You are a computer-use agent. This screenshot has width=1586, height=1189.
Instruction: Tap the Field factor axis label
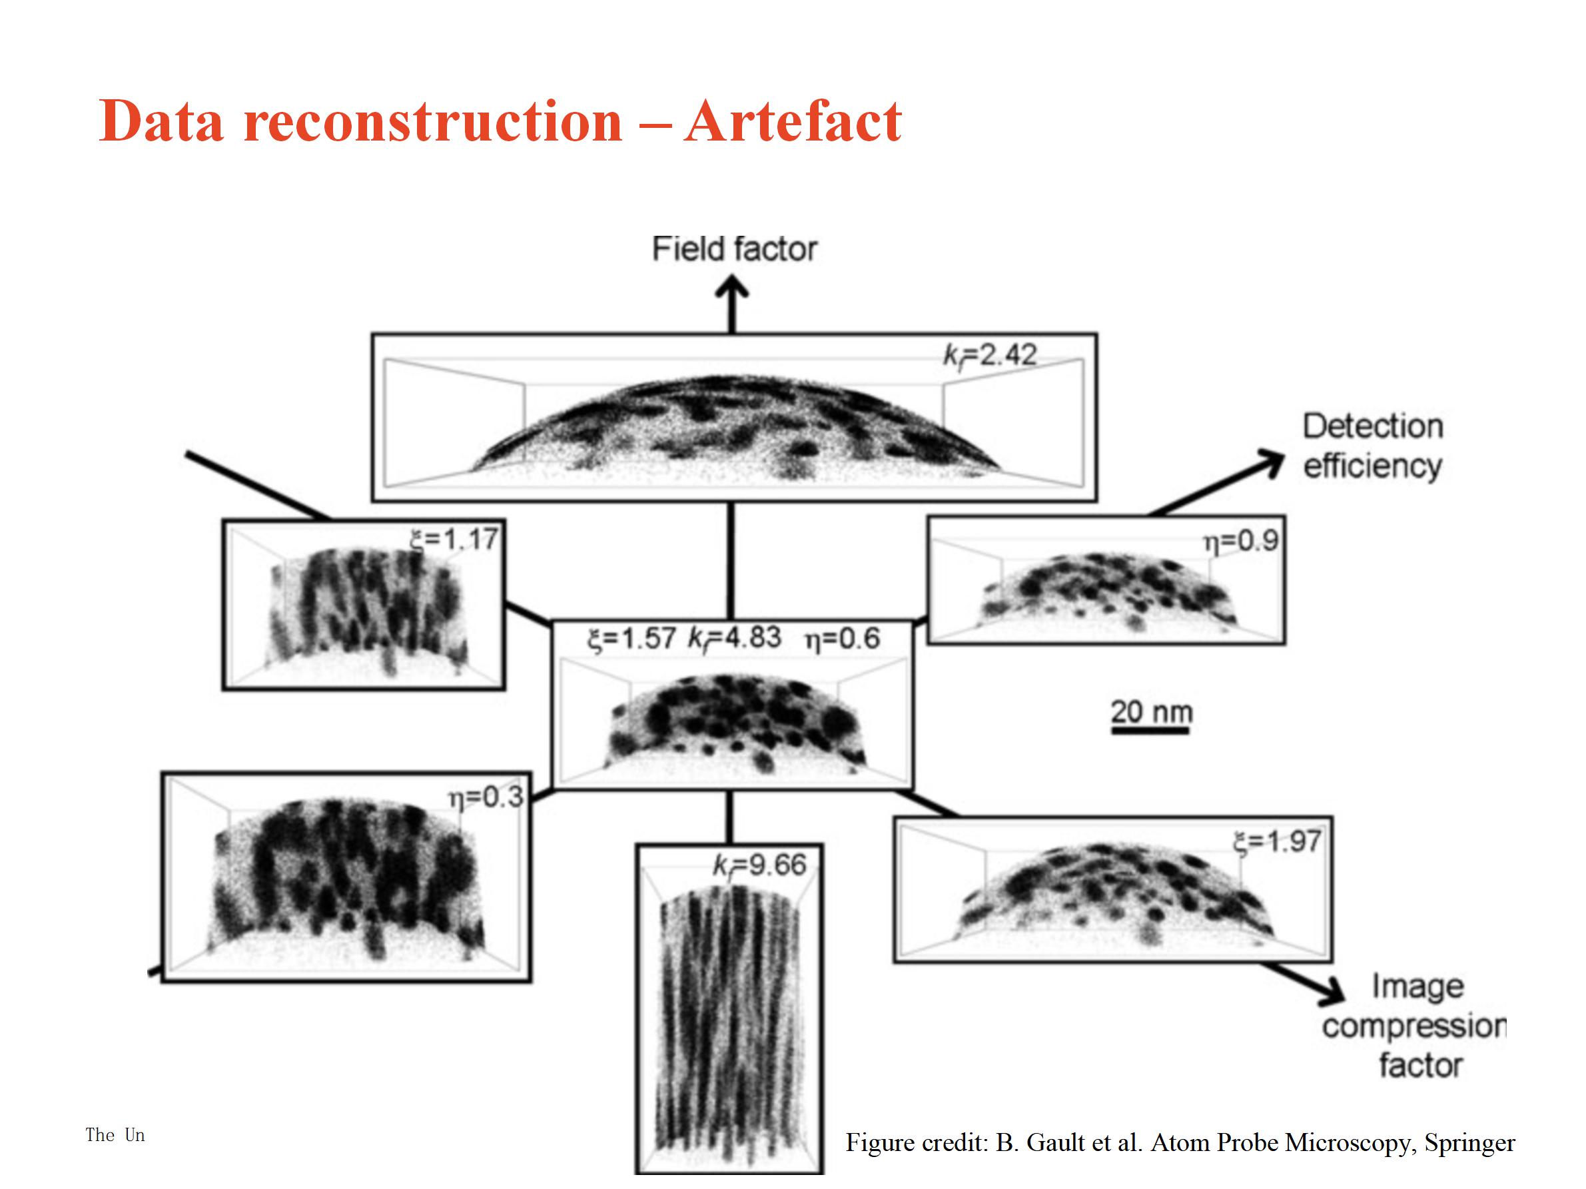click(734, 249)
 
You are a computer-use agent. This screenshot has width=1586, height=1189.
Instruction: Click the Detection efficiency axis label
click(1372, 446)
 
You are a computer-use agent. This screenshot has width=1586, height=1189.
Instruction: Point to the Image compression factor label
click(1414, 1026)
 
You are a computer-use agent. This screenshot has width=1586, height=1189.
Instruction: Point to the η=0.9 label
click(1240, 541)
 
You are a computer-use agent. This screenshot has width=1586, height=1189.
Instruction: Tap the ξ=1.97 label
click(1277, 841)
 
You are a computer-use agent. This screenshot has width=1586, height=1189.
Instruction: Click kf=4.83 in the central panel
click(734, 638)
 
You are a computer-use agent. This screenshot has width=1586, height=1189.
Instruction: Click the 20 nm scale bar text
click(1152, 711)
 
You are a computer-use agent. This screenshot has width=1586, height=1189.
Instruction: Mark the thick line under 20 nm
click(1151, 731)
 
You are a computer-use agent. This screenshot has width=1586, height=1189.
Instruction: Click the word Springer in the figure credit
click(1469, 1143)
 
